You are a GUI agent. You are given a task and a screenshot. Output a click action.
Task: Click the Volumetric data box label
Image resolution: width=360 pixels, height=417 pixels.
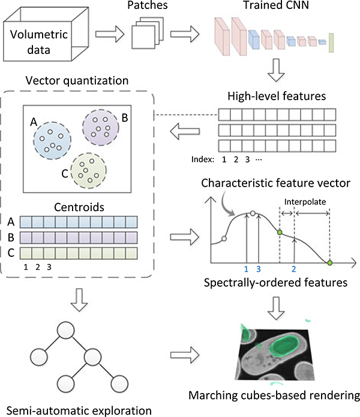pos(39,42)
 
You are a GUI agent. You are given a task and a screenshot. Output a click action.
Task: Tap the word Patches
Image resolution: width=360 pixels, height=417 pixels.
pos(147,5)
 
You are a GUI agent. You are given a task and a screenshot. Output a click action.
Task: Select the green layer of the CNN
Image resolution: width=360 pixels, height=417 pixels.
pos(331,43)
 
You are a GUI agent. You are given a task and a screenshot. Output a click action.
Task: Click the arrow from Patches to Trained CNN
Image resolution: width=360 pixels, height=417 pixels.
pos(185,34)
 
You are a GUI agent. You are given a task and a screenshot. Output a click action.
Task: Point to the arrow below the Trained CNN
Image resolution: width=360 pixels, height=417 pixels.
pos(276,70)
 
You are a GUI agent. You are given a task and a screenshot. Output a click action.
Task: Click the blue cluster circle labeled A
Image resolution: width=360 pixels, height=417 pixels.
pos(52,140)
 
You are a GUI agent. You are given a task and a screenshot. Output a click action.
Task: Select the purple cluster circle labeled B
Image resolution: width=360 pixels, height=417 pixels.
pos(101,127)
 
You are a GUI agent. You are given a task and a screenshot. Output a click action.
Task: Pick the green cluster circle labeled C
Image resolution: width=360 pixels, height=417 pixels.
pos(88,170)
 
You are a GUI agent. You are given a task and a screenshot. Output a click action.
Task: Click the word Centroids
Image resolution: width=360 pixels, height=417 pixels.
pos(79,207)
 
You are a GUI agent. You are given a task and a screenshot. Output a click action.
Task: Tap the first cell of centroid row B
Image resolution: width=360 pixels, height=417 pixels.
pos(26,238)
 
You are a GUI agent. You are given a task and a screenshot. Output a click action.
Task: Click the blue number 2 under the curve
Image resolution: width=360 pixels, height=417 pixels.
pos(293,269)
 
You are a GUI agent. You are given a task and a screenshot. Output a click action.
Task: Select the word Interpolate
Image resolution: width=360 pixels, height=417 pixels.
pos(305,202)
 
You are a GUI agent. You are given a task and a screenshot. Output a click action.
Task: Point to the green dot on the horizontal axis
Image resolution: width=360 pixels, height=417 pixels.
pos(329,263)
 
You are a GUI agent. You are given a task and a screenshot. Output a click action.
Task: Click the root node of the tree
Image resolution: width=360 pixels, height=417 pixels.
pos(65,330)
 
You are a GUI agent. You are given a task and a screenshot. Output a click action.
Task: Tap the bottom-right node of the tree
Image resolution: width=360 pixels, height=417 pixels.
pos(119,384)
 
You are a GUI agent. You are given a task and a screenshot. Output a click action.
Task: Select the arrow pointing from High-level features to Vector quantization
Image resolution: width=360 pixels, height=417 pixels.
pos(185,131)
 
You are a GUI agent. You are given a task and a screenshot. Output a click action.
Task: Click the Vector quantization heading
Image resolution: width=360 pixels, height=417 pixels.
pos(77,80)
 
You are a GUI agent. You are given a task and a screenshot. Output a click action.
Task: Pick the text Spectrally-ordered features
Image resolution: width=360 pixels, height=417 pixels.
pos(275,283)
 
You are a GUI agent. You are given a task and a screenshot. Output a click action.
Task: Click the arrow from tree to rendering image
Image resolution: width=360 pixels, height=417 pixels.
pos(185,355)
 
